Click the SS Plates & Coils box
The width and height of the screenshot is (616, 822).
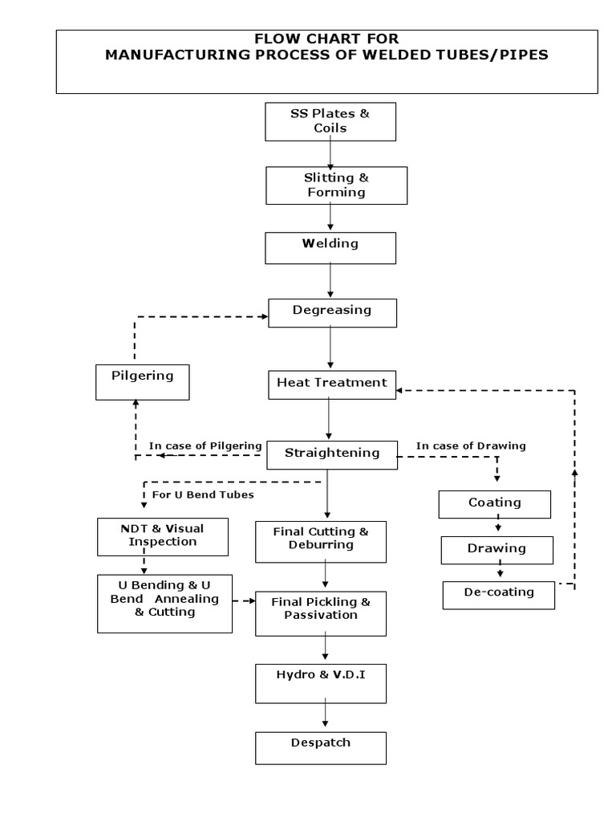point(330,121)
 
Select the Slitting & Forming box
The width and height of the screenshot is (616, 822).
point(336,185)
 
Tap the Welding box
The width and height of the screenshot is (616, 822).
point(330,247)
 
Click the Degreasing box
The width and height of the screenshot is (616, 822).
point(332,312)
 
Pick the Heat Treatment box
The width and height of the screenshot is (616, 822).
point(331,384)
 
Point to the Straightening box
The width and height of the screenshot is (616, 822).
point(331,454)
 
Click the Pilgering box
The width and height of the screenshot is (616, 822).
point(143,381)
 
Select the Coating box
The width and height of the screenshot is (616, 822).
point(494,503)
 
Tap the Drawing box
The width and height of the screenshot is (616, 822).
point(496,549)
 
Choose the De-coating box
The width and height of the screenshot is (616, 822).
point(498,595)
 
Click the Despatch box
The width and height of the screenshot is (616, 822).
point(320,747)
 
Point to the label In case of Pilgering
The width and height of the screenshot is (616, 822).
point(205,446)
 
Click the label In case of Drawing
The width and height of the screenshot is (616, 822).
point(471,446)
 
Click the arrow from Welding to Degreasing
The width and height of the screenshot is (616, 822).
point(330,281)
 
